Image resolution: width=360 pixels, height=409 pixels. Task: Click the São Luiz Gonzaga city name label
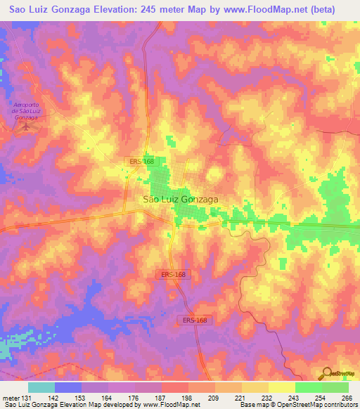tap(180, 199)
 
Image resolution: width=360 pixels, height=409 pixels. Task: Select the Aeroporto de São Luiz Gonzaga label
tap(28, 112)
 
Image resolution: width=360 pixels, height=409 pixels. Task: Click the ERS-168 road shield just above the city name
tap(141, 162)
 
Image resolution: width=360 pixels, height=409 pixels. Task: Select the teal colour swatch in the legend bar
tap(41, 387)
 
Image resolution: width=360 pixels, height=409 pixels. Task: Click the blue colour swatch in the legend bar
tap(68, 387)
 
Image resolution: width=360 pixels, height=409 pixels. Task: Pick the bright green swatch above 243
tap(308, 387)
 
